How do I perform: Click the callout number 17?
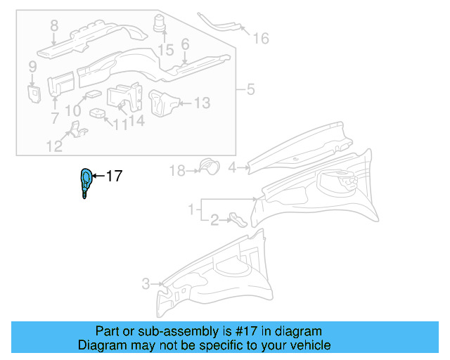[x=114, y=176]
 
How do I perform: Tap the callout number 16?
[x=260, y=38]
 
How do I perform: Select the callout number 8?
[x=53, y=27]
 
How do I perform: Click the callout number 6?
[x=185, y=44]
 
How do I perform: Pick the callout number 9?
[x=32, y=67]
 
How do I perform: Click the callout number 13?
[x=201, y=103]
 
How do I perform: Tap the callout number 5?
[x=251, y=90]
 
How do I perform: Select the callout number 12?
[x=54, y=146]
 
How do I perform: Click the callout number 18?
[x=176, y=171]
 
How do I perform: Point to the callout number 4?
[x=232, y=167]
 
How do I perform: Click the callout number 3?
[x=146, y=284]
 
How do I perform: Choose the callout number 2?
[x=214, y=221]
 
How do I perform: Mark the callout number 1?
[x=191, y=210]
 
